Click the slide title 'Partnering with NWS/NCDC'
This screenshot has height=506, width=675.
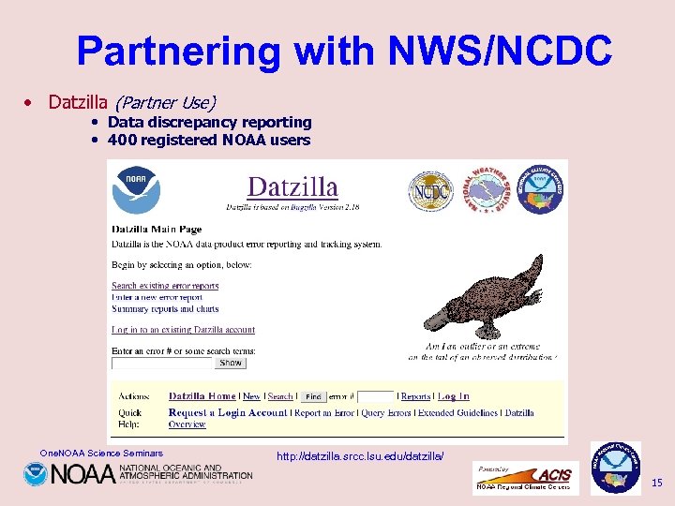click(x=344, y=51)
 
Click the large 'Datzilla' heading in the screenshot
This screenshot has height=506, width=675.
click(x=292, y=186)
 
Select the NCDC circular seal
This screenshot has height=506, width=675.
click(x=430, y=191)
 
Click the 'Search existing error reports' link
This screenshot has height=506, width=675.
click(x=165, y=286)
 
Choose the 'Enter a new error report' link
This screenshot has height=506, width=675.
click(x=157, y=297)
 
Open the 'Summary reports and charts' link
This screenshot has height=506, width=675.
click(x=165, y=308)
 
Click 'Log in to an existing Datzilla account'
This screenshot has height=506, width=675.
click(x=183, y=330)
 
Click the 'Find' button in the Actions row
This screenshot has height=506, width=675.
click(x=313, y=397)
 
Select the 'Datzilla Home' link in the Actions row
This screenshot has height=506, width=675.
click(x=202, y=396)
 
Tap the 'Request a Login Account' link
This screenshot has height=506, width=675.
click(x=228, y=412)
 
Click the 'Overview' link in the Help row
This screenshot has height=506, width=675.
click(x=187, y=424)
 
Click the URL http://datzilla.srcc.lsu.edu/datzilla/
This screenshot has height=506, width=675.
click(x=360, y=456)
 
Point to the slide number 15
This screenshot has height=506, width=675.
click(x=656, y=483)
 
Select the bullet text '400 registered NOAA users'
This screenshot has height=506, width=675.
click(x=208, y=141)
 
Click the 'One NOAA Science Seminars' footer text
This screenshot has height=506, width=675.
click(x=101, y=454)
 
